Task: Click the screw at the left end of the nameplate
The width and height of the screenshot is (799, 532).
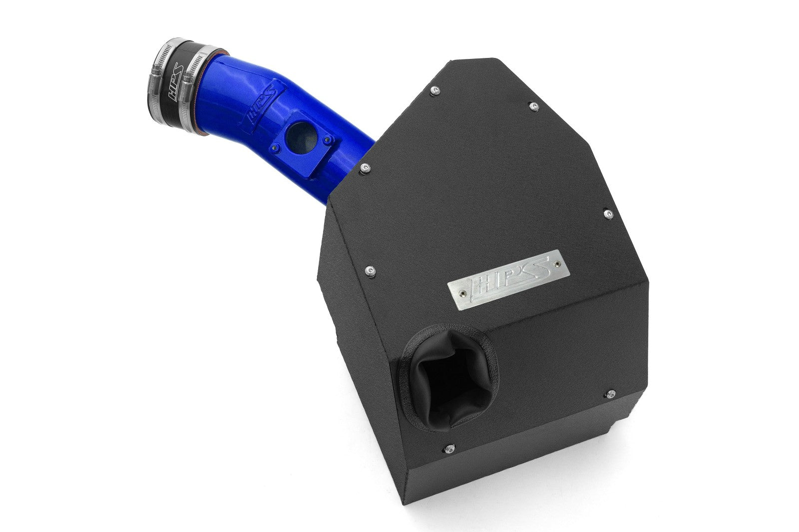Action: pyautogui.click(x=464, y=293)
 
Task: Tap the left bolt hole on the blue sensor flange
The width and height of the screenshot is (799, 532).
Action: pyautogui.click(x=274, y=146)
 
